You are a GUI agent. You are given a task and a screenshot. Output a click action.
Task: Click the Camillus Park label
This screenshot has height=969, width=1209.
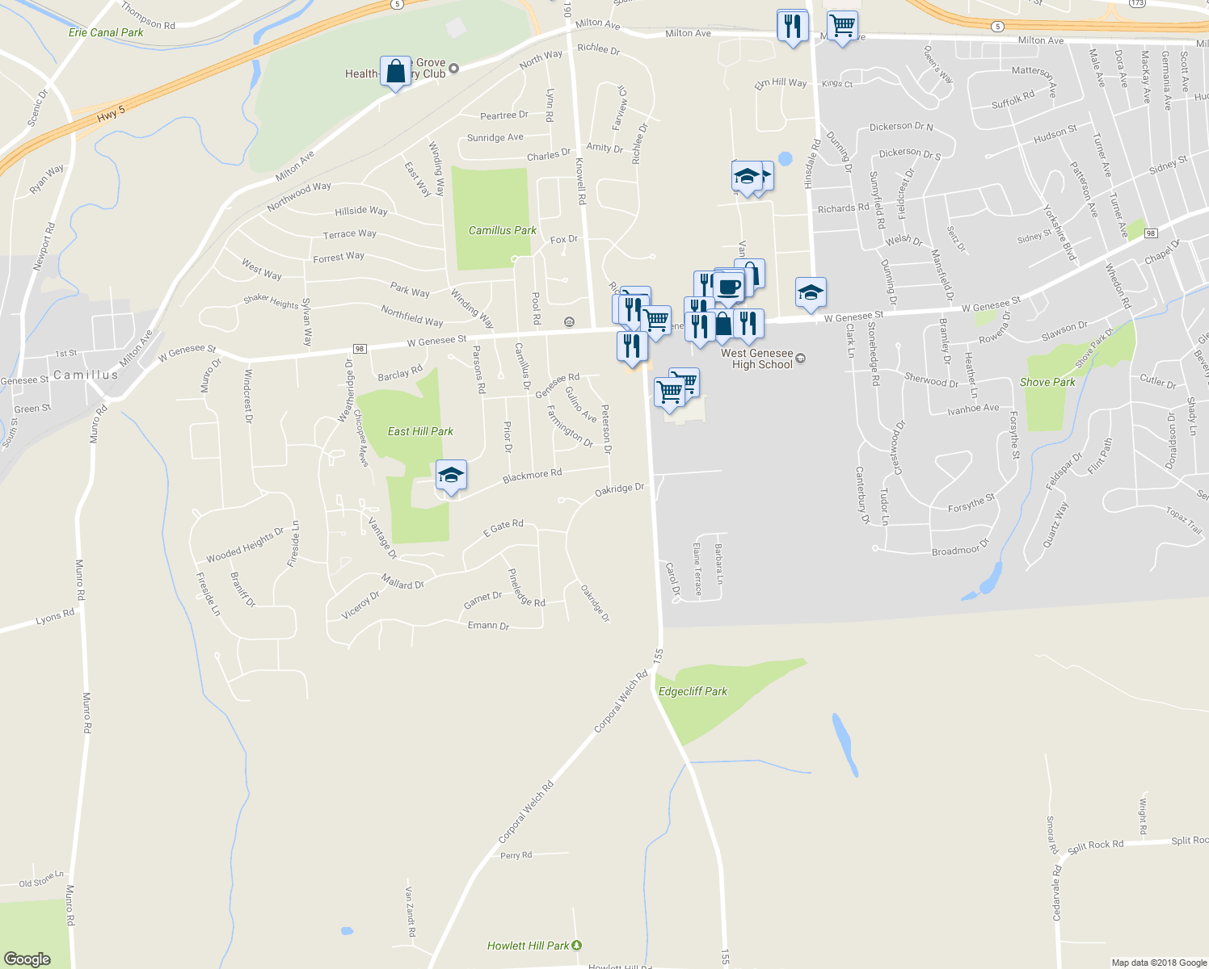click(502, 230)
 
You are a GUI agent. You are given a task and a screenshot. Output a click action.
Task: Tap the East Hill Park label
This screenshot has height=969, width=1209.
click(420, 431)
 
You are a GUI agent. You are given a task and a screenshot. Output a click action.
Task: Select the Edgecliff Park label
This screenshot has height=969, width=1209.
click(693, 691)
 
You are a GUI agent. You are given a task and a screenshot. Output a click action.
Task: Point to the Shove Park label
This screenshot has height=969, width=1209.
click(1047, 382)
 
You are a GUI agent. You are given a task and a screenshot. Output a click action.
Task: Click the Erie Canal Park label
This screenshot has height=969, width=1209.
click(106, 32)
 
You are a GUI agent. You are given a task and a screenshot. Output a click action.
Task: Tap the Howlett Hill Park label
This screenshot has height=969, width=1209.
click(529, 946)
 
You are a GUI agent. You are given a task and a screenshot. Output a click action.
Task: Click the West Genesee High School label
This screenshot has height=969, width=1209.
click(757, 359)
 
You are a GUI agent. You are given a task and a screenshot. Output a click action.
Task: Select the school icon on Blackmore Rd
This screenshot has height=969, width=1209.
click(451, 476)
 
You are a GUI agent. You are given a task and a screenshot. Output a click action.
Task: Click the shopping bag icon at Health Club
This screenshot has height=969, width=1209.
click(395, 72)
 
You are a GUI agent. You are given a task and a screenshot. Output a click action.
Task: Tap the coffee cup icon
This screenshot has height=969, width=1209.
click(729, 287)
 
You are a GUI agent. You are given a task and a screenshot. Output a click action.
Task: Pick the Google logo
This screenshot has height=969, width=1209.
click(27, 959)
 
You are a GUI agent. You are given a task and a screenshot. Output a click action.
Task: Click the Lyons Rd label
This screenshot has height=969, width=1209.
click(55, 618)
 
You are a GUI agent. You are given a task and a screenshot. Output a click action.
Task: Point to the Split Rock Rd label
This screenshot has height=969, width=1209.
click(1095, 845)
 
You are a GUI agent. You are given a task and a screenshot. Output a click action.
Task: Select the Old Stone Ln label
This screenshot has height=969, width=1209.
click(41, 879)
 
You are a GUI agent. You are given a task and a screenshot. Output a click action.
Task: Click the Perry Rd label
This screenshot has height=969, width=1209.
click(516, 855)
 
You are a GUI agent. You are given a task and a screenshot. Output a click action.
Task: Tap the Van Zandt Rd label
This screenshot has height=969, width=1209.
click(411, 912)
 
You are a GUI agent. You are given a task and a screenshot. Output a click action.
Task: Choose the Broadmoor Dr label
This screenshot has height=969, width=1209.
click(960, 549)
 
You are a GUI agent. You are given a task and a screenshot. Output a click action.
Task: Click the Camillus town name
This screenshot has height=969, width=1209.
click(86, 375)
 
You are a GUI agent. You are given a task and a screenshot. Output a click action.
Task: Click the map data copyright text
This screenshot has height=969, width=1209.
click(1159, 963)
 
